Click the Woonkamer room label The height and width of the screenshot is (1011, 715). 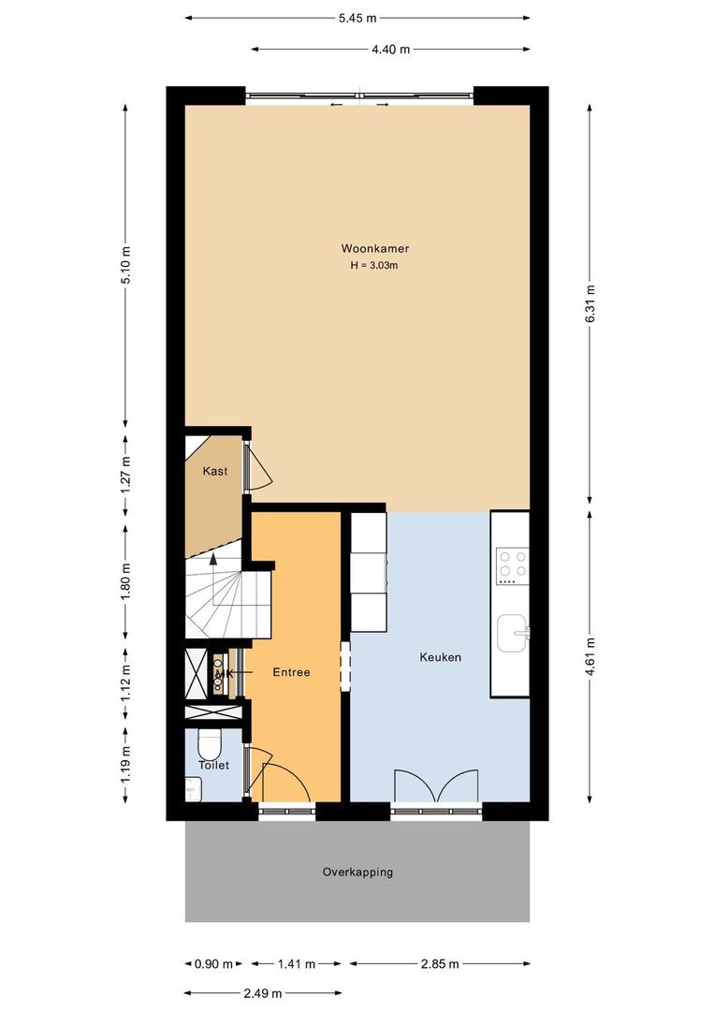[x=374, y=249]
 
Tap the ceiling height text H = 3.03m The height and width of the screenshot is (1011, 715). [x=374, y=266]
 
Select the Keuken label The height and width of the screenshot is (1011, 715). [x=440, y=657]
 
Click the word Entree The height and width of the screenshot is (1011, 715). [x=291, y=672]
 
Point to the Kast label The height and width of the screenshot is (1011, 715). [x=215, y=471]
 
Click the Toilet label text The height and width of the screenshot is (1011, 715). [x=213, y=765]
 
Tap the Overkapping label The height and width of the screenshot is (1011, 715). [x=357, y=872]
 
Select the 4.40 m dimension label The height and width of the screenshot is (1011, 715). [x=390, y=50]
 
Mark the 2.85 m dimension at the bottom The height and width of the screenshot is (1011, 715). [x=439, y=963]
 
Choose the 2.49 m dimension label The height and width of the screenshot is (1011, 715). [x=264, y=994]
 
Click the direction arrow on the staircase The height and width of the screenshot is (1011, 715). [x=214, y=560]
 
